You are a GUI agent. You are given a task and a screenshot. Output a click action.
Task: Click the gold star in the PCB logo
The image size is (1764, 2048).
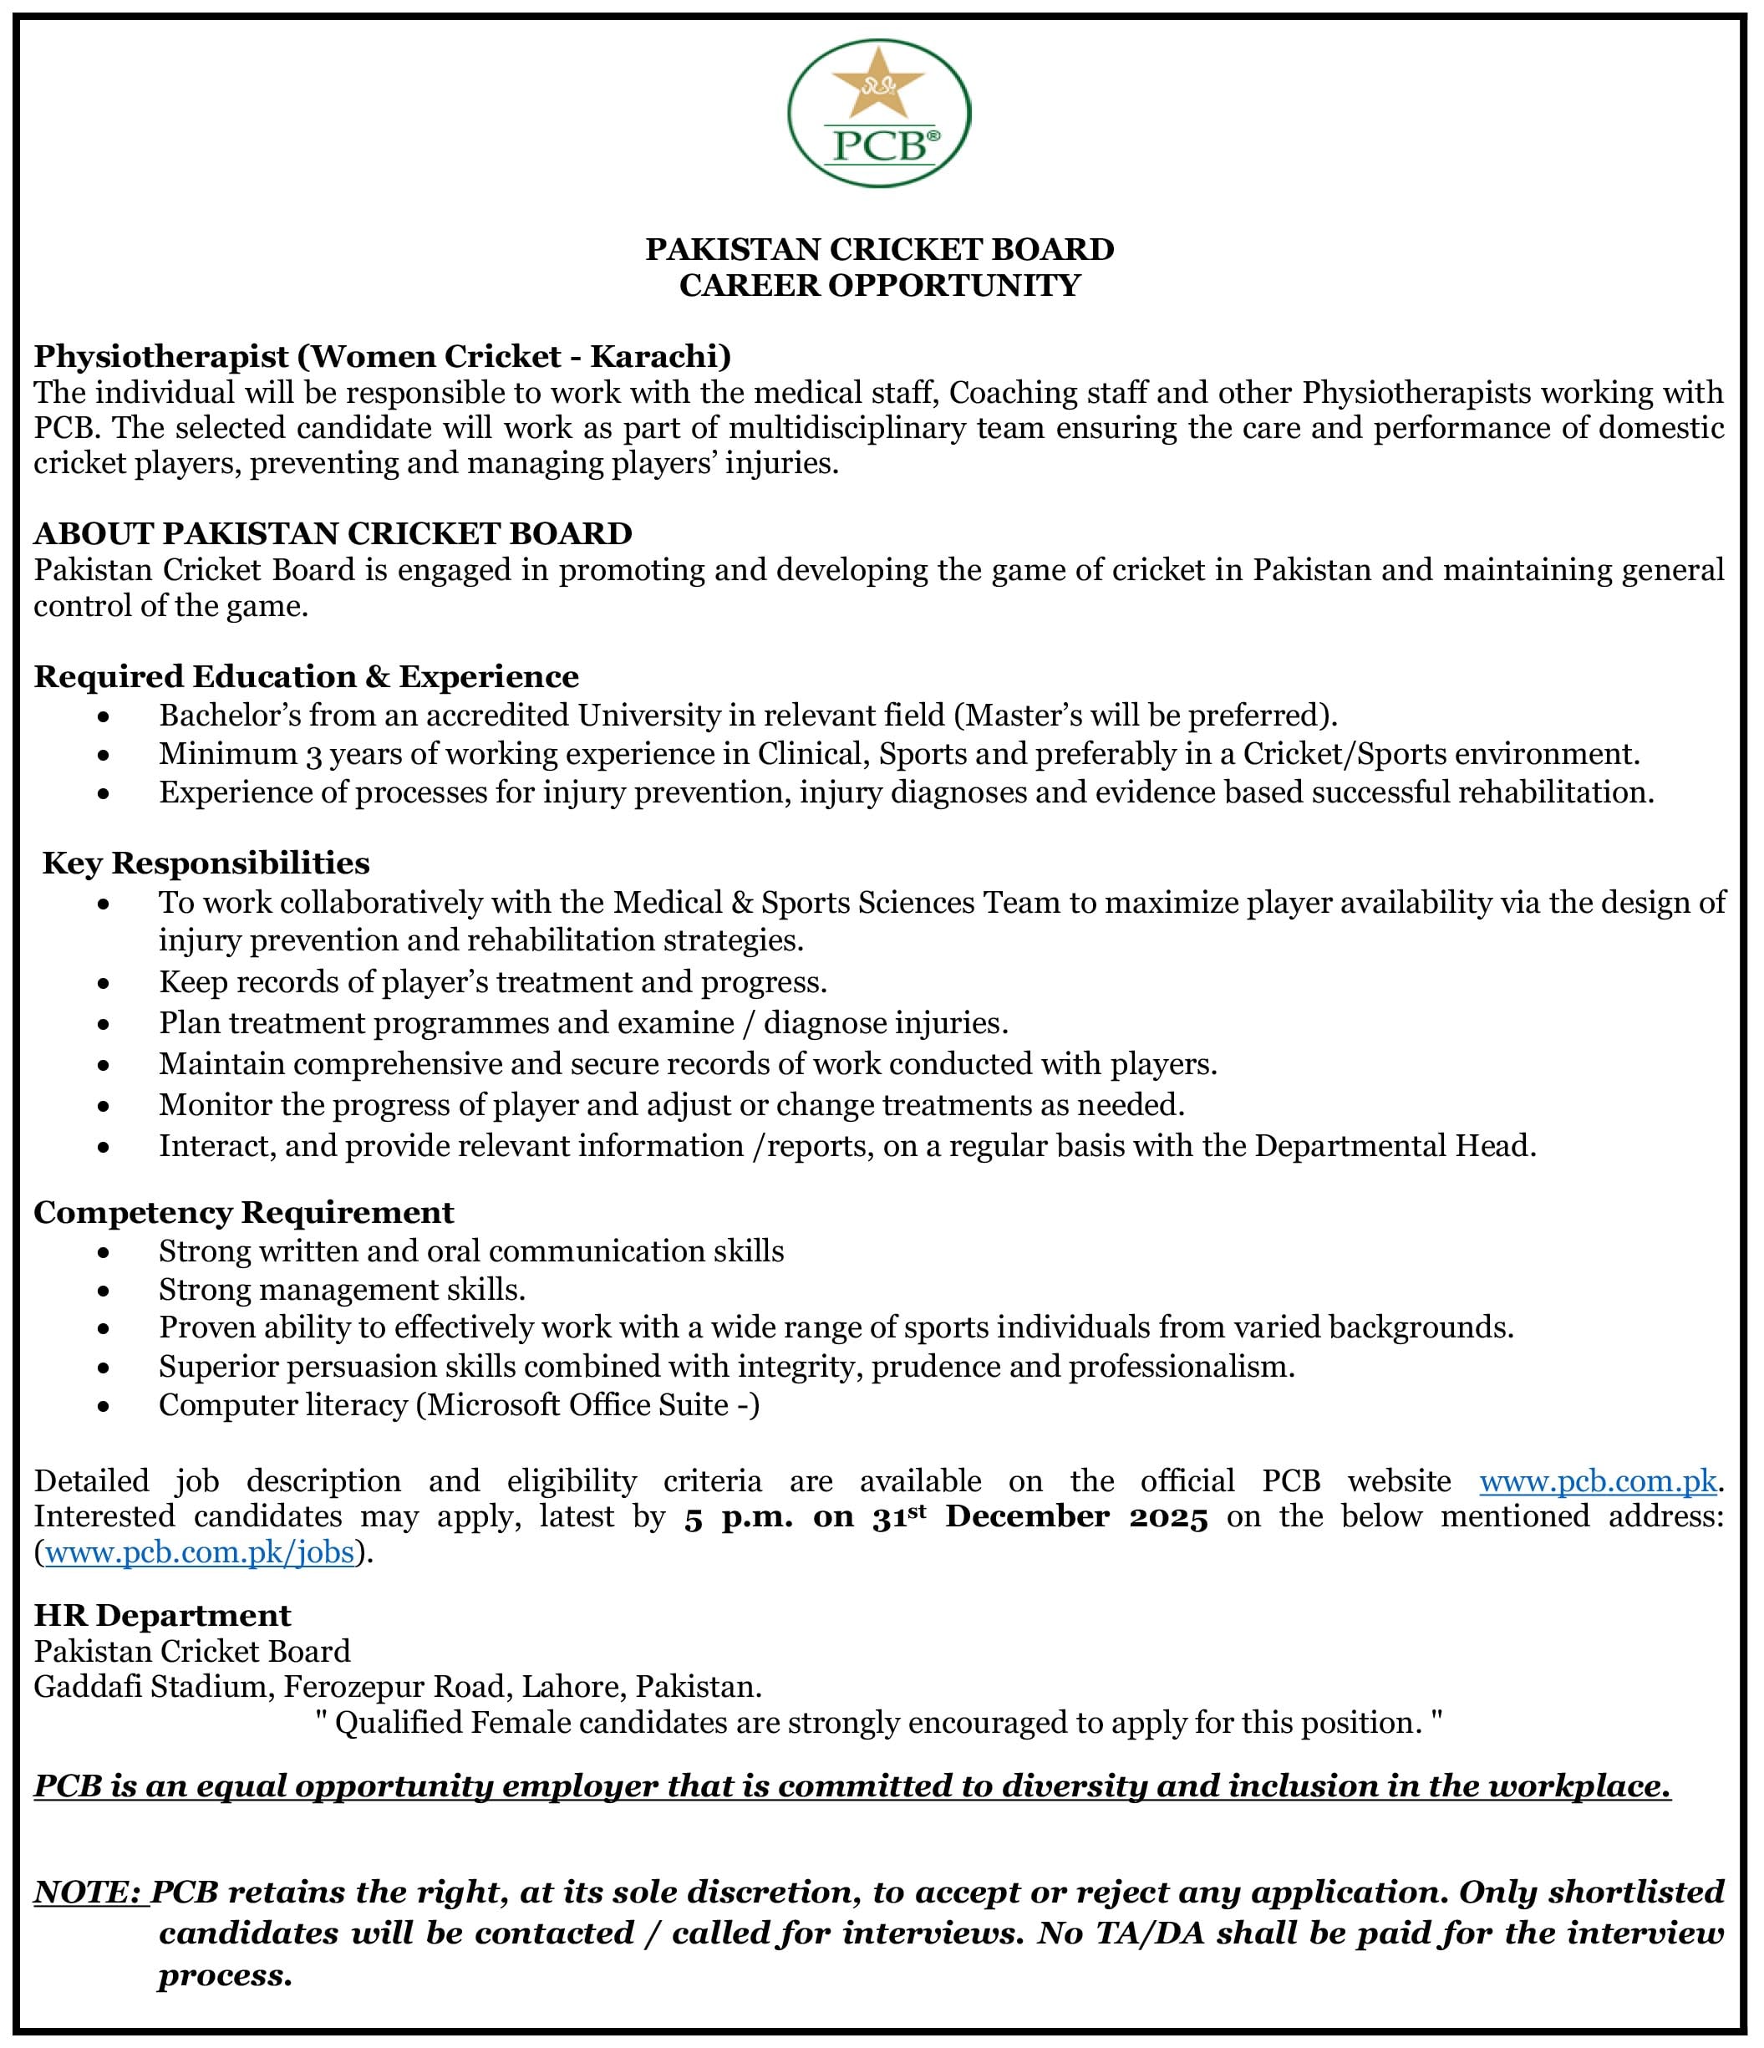878,90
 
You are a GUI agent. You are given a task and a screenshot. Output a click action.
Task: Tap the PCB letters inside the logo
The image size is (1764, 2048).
878,145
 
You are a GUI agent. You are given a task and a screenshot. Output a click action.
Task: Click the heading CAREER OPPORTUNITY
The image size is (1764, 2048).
880,286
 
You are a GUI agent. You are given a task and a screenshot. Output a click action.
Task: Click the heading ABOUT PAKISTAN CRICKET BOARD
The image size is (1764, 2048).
333,534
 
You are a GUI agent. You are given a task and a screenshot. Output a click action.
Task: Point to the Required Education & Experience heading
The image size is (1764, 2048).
307,677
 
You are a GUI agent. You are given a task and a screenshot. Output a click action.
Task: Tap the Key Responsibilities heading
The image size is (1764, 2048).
206,863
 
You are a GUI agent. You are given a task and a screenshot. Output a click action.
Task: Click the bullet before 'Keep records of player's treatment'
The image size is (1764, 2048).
104,984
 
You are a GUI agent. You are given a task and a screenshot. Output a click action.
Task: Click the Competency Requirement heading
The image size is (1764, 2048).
244,1212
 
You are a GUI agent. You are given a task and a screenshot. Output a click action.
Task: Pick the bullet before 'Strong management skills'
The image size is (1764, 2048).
104,1291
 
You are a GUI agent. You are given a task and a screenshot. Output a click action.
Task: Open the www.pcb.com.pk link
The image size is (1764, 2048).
1598,1481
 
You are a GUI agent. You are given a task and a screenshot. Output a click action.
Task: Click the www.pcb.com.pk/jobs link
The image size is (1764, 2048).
200,1553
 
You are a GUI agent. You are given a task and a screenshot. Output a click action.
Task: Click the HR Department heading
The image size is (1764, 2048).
162,1615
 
